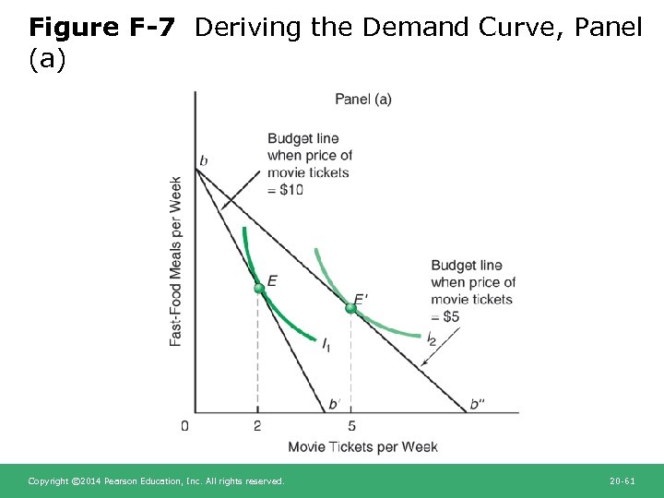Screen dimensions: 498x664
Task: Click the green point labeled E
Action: [259, 289]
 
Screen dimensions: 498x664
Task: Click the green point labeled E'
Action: [350, 308]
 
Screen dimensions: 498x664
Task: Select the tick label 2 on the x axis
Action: [257, 426]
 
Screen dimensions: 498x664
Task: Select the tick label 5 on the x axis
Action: [352, 426]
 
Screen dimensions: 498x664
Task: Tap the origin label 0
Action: [184, 426]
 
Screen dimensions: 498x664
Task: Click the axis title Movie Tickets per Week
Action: [362, 447]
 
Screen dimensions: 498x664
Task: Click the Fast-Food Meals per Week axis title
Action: [176, 262]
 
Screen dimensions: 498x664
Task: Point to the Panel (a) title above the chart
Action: [362, 99]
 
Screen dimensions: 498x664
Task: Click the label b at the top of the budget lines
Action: [204, 161]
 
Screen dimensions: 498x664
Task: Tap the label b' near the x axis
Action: [334, 404]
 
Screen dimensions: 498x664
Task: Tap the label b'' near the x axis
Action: [477, 404]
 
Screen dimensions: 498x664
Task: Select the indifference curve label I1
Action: [326, 344]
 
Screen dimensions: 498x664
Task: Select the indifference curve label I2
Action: [431, 338]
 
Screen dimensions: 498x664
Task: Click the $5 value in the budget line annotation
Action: [451, 316]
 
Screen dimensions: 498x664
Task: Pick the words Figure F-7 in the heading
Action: [101, 28]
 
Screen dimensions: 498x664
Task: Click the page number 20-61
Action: [622, 481]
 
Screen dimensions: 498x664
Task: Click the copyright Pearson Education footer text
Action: [156, 481]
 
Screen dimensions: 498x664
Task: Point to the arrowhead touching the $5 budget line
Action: [423, 364]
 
